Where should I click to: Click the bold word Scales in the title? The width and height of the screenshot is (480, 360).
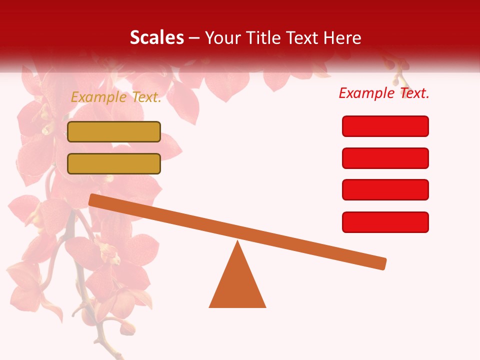pyautogui.click(x=157, y=38)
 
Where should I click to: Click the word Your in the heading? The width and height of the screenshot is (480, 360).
pyautogui.click(x=222, y=38)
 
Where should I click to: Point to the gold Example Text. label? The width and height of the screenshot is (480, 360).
pyautogui.click(x=116, y=97)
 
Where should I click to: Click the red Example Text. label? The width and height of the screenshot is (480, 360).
pyautogui.click(x=384, y=93)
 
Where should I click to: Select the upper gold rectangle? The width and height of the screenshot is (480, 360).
pyautogui.click(x=114, y=131)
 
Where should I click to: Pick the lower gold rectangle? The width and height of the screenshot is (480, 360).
pyautogui.click(x=114, y=163)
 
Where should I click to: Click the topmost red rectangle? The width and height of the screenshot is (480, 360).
pyautogui.click(x=385, y=126)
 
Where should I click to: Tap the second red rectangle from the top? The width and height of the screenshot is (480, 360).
pyautogui.click(x=385, y=158)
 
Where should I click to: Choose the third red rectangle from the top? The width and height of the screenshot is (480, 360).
pyautogui.click(x=385, y=189)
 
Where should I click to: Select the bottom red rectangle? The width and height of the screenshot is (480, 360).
pyautogui.click(x=385, y=222)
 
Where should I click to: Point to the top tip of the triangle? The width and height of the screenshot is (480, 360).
pyautogui.click(x=237, y=242)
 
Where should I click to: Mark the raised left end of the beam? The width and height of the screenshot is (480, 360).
pyautogui.click(x=93, y=199)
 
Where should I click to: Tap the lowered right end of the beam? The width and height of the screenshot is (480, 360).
pyautogui.click(x=382, y=263)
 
